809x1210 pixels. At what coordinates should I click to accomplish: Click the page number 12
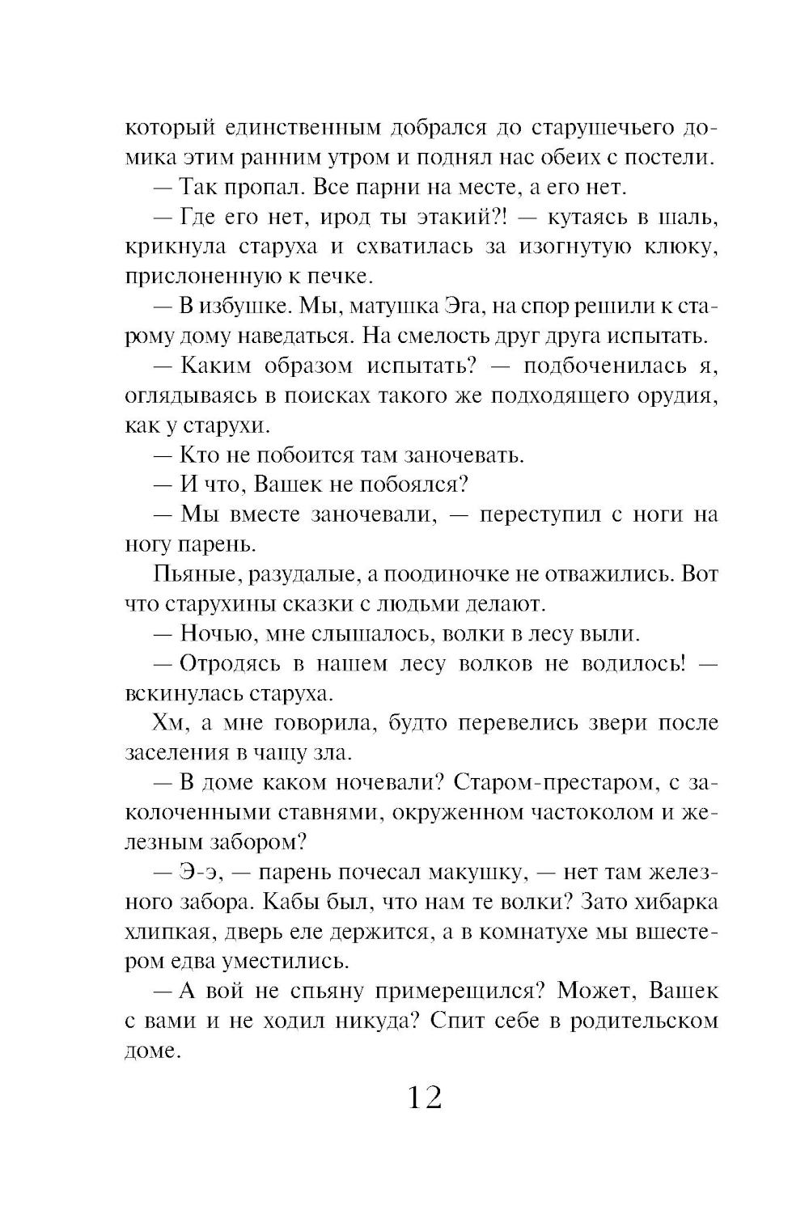click(x=424, y=1098)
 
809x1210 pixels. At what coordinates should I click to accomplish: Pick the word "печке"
click(x=337, y=277)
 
